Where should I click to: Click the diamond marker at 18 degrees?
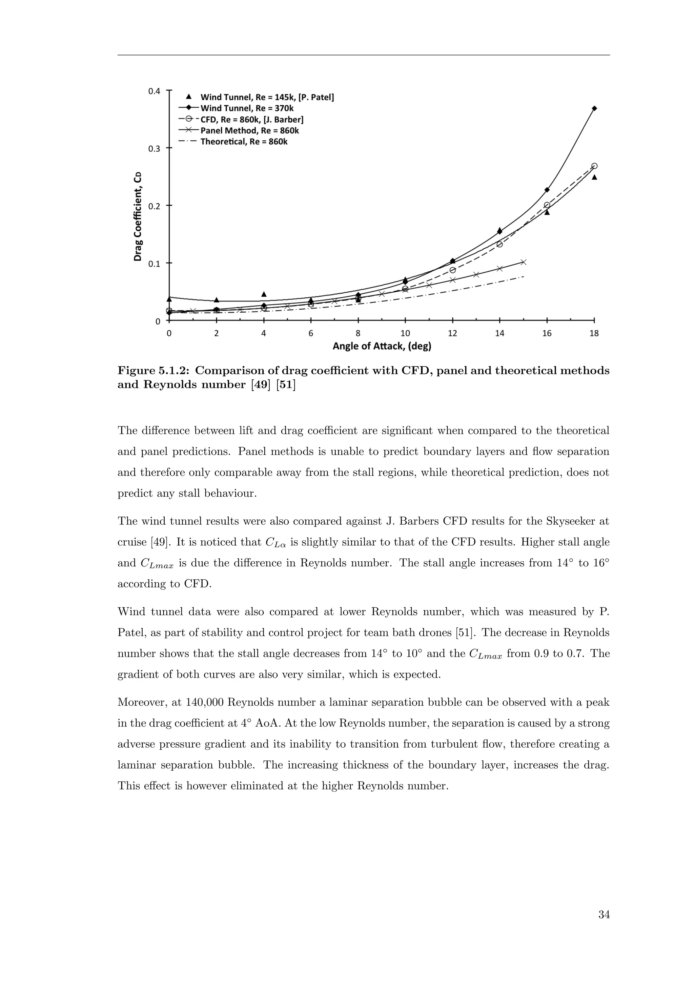click(594, 108)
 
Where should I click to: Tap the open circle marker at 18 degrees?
click(594, 166)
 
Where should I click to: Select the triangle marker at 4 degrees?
click(264, 294)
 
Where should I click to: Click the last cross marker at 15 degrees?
click(524, 262)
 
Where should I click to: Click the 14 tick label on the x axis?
click(499, 334)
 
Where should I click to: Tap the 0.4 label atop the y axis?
click(154, 91)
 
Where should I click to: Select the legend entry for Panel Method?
click(249, 131)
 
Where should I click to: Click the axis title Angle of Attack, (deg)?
click(382, 347)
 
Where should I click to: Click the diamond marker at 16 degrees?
click(547, 190)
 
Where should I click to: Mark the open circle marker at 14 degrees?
click(499, 244)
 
